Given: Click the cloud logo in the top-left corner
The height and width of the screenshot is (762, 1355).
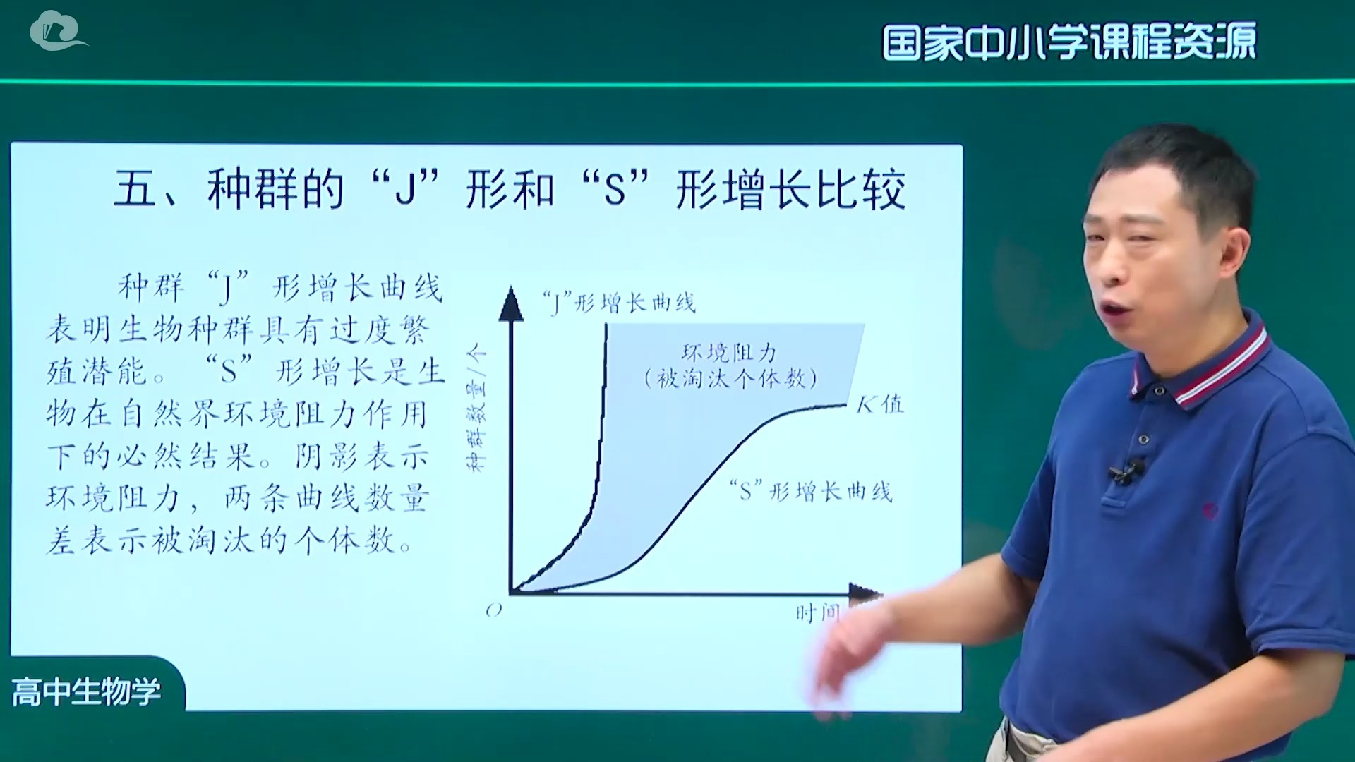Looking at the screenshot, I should point(56,31).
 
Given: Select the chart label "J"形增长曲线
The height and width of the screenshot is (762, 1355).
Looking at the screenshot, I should point(619,303).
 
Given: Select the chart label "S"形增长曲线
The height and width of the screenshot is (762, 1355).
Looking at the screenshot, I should point(812,491).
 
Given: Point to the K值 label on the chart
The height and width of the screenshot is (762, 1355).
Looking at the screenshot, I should point(879,404).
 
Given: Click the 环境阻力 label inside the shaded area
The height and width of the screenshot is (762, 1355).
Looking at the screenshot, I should point(728,352).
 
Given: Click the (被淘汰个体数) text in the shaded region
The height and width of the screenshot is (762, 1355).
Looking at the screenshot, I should point(730,379).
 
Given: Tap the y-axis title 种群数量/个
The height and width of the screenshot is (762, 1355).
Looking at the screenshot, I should point(476,408).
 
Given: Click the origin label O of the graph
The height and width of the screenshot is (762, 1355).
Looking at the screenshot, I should point(493,610).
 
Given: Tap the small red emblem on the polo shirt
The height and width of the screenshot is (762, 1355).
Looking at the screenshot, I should point(1211,509).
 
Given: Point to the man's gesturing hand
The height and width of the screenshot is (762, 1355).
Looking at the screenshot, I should point(840,656).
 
